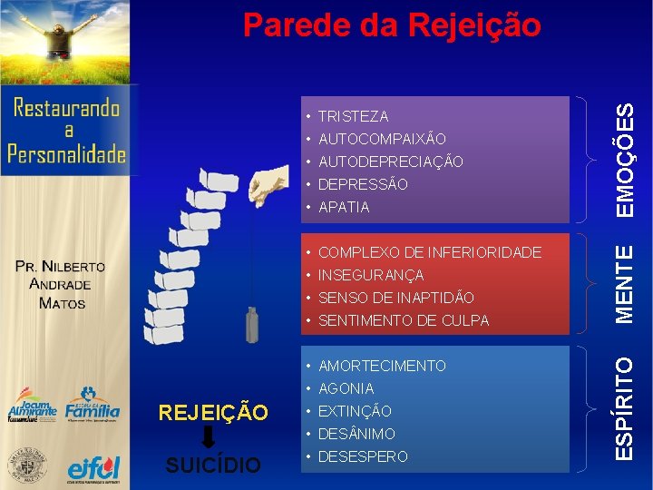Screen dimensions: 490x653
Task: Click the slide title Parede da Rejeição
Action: (392, 25)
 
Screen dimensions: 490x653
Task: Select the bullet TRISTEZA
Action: (353, 116)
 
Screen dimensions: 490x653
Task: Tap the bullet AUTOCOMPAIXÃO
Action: (382, 139)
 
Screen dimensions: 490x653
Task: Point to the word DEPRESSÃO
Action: (363, 184)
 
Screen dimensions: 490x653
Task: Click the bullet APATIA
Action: (344, 207)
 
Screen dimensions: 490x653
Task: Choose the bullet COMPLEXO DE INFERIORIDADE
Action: (429, 252)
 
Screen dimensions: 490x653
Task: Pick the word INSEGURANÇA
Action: (371, 275)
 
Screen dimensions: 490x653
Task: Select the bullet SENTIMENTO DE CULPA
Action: (404, 320)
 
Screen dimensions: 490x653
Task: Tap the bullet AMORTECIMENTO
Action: (382, 366)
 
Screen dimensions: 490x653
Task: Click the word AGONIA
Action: (346, 388)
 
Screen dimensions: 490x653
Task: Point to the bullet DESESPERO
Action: (363, 456)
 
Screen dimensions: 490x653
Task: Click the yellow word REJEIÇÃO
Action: (213, 414)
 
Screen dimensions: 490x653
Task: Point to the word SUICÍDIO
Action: (213, 465)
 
